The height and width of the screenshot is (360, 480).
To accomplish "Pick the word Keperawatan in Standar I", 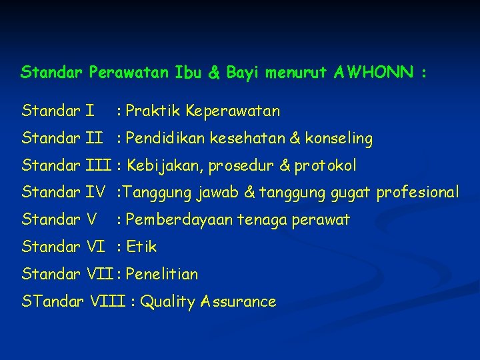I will click(233, 111).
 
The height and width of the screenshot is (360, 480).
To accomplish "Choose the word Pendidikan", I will click(165, 139).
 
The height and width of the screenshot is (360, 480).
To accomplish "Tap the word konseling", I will click(339, 139).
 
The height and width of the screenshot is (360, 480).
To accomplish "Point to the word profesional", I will click(417, 193).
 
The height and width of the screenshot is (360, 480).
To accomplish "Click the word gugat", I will click(351, 193).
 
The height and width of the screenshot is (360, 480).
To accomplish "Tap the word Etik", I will click(141, 247).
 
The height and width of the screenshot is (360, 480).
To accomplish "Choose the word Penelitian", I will click(161, 274).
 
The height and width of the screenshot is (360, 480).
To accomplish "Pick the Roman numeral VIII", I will click(107, 302).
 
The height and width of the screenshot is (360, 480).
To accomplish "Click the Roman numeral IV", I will click(97, 193).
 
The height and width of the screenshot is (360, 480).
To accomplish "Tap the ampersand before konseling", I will click(295, 139).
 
